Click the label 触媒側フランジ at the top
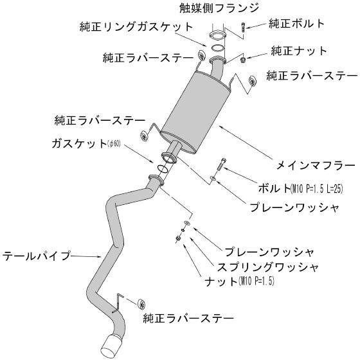219,8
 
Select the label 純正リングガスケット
136,27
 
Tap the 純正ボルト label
297,23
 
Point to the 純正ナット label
299,51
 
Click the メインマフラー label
316,165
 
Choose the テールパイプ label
36,256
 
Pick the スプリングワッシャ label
268,267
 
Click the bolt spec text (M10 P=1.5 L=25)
317,189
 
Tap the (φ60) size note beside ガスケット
114,144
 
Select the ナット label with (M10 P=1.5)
240,281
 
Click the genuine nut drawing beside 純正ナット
243,60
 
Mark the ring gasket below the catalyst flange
217,48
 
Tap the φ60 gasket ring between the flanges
162,168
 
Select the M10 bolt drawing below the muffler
221,164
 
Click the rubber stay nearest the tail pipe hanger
141,304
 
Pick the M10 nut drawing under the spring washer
178,239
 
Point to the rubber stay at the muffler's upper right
252,81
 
